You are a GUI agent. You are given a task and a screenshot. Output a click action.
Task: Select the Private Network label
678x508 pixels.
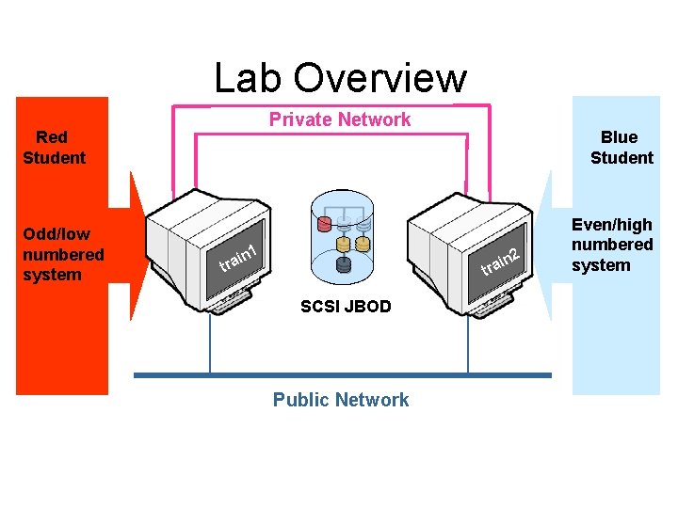click(x=340, y=119)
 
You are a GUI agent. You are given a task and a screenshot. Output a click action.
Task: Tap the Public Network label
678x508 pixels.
click(x=341, y=400)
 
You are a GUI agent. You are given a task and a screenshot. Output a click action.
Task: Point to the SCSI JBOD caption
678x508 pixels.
click(x=346, y=307)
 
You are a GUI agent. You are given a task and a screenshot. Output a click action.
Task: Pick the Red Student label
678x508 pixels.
click(x=54, y=148)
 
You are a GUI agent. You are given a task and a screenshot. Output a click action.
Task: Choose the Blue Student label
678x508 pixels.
click(x=621, y=148)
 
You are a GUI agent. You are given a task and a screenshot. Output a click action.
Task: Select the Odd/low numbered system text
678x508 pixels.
click(x=63, y=254)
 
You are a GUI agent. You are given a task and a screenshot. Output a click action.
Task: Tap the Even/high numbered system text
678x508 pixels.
click(x=612, y=245)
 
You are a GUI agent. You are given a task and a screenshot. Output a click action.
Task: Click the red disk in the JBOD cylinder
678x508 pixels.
click(x=325, y=225)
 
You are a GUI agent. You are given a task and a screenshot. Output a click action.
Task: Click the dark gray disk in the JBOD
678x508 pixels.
click(x=344, y=264)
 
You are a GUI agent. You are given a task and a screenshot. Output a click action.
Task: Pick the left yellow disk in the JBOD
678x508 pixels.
click(x=344, y=245)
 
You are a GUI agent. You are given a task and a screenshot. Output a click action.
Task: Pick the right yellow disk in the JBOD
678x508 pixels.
click(x=363, y=245)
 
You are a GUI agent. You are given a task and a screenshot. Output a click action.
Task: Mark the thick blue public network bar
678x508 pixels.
click(x=342, y=375)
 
